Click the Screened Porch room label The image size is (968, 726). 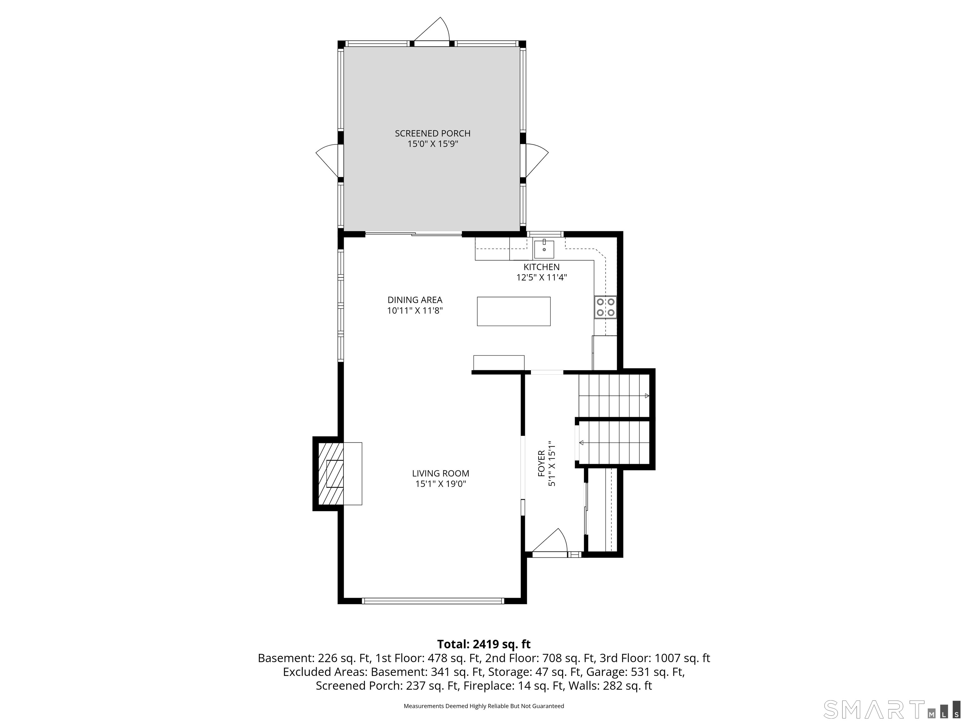coord(432,139)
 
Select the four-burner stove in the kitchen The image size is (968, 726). coord(606,307)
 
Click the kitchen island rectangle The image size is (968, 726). coord(514,311)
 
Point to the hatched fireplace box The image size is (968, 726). coord(331,474)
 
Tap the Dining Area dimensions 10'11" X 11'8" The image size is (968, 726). coord(415,311)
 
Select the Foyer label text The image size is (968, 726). coord(541,464)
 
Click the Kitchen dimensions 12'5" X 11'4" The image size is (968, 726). coord(542,277)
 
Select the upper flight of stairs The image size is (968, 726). coord(614,395)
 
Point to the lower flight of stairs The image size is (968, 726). coord(614,442)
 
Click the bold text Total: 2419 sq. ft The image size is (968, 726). coord(484,644)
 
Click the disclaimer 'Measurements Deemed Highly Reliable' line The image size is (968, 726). coord(484,706)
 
